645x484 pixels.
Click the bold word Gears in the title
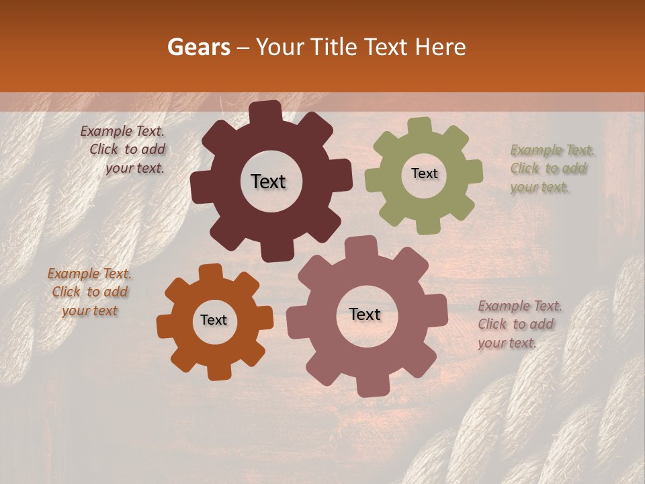pyautogui.click(x=198, y=47)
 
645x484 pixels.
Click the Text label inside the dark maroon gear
pyautogui.click(x=268, y=182)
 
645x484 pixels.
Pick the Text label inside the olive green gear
pyautogui.click(x=424, y=173)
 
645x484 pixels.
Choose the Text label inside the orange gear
pyautogui.click(x=214, y=320)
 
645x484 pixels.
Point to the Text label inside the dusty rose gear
pyautogui.click(x=365, y=314)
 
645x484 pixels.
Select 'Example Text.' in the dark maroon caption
pyautogui.click(x=122, y=131)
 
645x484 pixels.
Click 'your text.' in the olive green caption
pyautogui.click(x=540, y=188)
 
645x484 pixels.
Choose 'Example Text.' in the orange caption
pyautogui.click(x=89, y=274)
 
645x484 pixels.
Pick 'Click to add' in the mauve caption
pyautogui.click(x=516, y=324)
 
